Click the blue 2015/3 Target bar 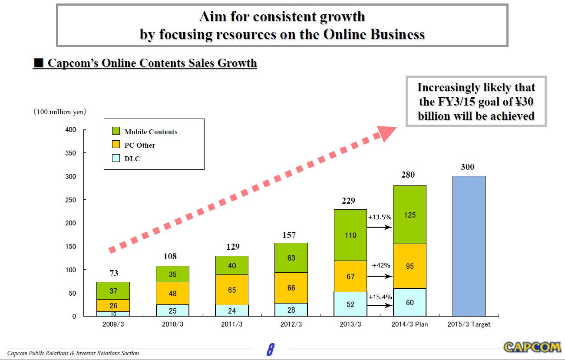click(x=469, y=246)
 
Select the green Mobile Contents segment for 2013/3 click(x=350, y=235)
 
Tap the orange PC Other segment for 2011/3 click(x=232, y=289)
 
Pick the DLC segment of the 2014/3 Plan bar click(x=410, y=302)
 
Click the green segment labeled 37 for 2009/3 click(x=113, y=291)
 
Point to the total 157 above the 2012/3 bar click(x=289, y=235)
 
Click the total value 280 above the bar click(x=408, y=175)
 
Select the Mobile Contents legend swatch click(x=116, y=131)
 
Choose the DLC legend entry click(x=132, y=159)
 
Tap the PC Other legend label click(x=139, y=145)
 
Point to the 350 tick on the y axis click(x=70, y=153)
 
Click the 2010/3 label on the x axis click(x=172, y=324)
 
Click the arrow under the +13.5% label click(x=380, y=227)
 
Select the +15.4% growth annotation click(x=380, y=297)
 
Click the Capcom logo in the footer click(x=532, y=347)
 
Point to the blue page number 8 click(x=270, y=349)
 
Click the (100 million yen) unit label click(x=60, y=112)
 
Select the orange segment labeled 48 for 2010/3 click(x=172, y=293)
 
